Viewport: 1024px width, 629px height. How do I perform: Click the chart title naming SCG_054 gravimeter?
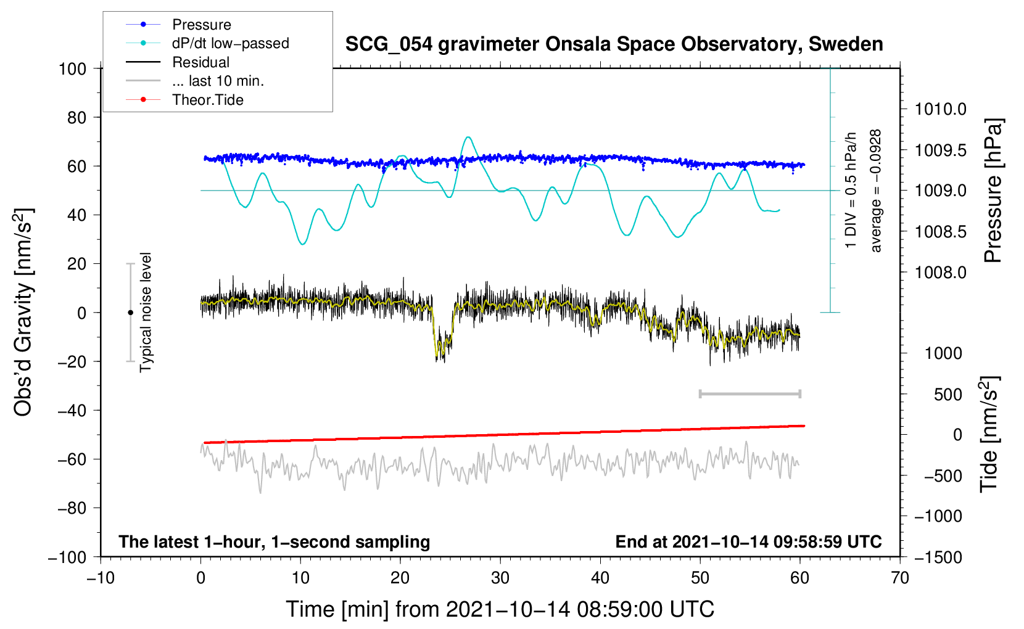(x=614, y=44)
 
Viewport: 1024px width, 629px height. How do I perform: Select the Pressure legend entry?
(x=201, y=25)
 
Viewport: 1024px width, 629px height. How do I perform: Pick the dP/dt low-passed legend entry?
(x=230, y=43)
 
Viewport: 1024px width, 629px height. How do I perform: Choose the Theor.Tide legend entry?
(x=207, y=100)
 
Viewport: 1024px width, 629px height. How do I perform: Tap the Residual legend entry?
(x=200, y=62)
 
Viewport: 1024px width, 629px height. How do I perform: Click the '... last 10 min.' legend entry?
(x=218, y=81)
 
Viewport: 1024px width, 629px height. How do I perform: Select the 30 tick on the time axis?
(x=500, y=578)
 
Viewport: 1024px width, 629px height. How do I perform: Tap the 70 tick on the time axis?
(x=900, y=578)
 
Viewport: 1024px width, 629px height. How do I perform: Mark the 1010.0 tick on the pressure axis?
(x=940, y=110)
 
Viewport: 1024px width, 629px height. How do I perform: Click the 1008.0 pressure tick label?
(x=940, y=273)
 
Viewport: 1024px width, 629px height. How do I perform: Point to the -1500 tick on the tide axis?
(x=938, y=557)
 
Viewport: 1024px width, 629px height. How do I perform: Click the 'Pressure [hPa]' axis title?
(x=993, y=191)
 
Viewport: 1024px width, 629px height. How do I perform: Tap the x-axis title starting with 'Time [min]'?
(x=500, y=609)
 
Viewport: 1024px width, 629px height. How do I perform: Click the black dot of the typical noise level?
(x=130, y=313)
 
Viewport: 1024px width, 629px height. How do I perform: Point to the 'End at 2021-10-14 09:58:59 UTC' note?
(x=748, y=541)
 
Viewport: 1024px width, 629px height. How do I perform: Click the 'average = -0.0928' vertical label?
(x=876, y=191)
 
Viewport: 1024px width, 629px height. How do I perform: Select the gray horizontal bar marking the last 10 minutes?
(x=749, y=393)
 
